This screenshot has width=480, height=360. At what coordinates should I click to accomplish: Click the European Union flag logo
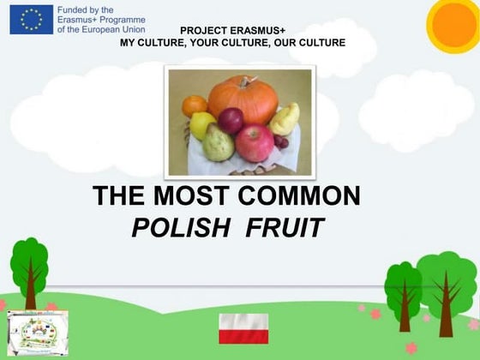coord(31,19)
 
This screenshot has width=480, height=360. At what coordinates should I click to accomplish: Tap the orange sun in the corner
coord(454,24)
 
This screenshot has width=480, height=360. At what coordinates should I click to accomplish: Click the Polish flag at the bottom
coord(243,328)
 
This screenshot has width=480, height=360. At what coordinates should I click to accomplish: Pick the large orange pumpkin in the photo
coord(243,99)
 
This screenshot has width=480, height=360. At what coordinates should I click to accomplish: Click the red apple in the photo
coord(255,141)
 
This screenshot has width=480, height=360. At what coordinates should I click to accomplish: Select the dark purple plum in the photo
coord(230,121)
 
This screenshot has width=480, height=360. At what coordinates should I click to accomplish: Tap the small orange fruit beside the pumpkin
coord(195,105)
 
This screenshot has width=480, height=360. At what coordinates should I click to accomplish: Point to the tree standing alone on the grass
coord(30,270)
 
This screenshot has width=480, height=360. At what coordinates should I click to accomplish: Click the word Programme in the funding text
coord(123,19)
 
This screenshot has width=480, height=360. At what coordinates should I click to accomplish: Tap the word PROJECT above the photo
coord(201,30)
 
